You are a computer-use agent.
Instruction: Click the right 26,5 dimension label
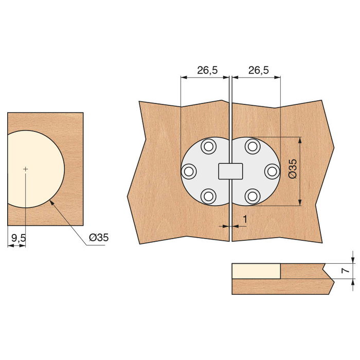click(x=258, y=70)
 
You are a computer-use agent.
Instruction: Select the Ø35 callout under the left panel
click(x=98, y=237)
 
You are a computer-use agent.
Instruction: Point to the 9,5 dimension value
click(x=18, y=237)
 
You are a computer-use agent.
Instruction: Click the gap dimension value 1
click(x=245, y=219)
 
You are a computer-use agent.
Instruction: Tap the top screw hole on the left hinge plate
click(x=208, y=147)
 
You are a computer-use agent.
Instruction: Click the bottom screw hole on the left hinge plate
click(x=208, y=195)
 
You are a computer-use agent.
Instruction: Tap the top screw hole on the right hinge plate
click(x=252, y=147)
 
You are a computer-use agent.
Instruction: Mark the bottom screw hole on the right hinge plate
click(x=252, y=195)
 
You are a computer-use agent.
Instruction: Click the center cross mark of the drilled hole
click(x=25, y=169)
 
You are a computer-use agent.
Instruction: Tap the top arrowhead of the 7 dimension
click(x=353, y=260)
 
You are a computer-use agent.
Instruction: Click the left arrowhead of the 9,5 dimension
click(x=10, y=245)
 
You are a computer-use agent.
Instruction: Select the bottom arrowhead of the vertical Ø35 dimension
click(x=300, y=203)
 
